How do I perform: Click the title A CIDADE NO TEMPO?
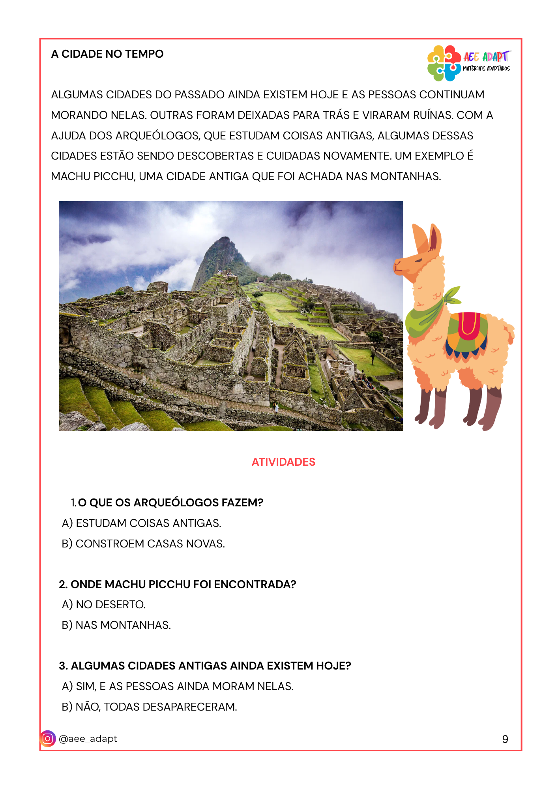(x=107, y=54)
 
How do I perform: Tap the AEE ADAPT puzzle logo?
(x=444, y=63)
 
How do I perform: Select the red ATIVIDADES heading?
(x=283, y=462)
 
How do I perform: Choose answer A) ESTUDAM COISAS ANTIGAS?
(x=142, y=523)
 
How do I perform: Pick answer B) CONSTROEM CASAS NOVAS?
(x=143, y=544)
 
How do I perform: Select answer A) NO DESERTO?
(x=104, y=605)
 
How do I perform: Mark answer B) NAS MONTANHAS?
(x=116, y=625)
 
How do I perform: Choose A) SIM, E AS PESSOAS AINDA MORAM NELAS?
(x=178, y=687)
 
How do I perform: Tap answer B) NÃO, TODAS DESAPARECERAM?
(x=150, y=707)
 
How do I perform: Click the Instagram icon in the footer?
(x=48, y=739)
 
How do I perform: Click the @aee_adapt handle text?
(x=88, y=739)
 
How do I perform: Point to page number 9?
(x=505, y=739)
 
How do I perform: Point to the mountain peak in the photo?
(x=224, y=239)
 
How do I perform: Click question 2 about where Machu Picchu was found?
(x=178, y=585)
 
